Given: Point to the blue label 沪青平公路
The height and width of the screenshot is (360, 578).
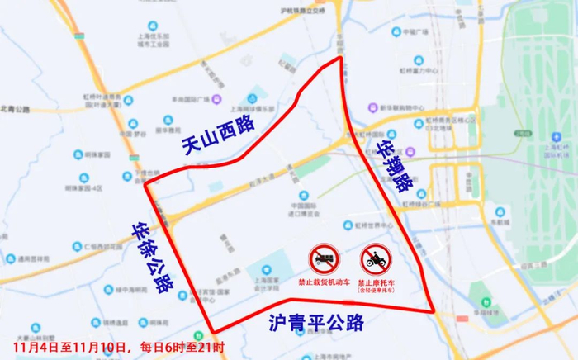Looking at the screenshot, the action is [316, 322].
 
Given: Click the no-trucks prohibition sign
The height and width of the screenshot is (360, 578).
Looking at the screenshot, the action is [323, 258].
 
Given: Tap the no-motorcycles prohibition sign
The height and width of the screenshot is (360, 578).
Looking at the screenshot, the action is [375, 259].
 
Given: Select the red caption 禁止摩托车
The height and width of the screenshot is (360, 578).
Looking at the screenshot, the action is [376, 281].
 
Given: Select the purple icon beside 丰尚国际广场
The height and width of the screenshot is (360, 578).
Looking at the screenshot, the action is [216, 99].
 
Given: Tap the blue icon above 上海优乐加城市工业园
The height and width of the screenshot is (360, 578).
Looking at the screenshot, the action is [152, 26].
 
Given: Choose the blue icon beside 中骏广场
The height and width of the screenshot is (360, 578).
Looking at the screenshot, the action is [395, 34].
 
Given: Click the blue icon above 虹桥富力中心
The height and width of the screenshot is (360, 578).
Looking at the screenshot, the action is [418, 60].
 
